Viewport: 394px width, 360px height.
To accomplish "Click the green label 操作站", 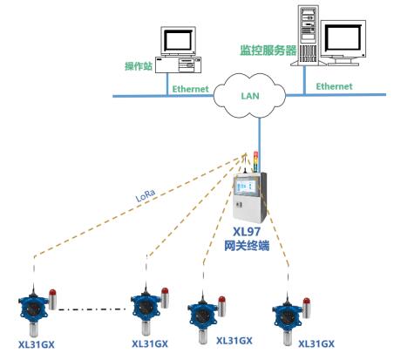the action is (x=139, y=66).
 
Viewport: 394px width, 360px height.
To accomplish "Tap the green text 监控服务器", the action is (x=268, y=51).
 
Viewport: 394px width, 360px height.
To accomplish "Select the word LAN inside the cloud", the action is (x=250, y=96).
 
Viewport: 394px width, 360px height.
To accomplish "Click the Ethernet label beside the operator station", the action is (x=191, y=89).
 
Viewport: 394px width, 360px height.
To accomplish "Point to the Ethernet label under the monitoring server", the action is (x=334, y=86).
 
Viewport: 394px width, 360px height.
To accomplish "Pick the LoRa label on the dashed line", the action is (x=146, y=195).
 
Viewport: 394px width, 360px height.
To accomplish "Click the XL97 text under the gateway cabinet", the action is (x=247, y=232).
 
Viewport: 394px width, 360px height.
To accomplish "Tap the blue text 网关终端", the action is (x=247, y=246).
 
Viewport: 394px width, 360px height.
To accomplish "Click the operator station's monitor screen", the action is (x=178, y=40).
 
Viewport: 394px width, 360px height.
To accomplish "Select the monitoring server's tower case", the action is (x=309, y=35).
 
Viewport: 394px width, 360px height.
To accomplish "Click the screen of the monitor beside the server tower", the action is (x=343, y=37).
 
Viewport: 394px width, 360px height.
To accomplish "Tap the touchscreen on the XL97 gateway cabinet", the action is (x=246, y=186).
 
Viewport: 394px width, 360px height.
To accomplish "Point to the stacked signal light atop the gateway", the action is (x=255, y=161).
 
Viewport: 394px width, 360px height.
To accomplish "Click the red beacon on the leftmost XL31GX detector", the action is (x=52, y=293).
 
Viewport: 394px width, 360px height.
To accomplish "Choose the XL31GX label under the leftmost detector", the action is (x=37, y=344).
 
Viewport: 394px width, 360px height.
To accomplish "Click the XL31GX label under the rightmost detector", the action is (x=316, y=344).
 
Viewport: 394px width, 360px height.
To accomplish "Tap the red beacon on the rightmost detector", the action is (x=306, y=301).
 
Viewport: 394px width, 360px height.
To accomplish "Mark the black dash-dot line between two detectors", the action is (x=92, y=309).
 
